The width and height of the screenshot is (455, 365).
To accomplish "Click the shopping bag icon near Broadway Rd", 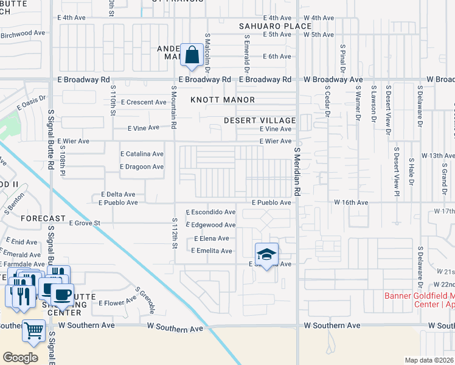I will [x=192, y=55].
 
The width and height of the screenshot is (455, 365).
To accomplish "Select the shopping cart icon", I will [x=34, y=331].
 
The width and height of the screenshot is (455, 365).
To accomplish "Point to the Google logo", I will [x=20, y=358].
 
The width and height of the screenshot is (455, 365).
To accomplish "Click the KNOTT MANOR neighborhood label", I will [x=222, y=100].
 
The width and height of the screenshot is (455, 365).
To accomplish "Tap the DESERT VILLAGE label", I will [x=259, y=120].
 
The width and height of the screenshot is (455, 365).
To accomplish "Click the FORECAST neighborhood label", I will [x=43, y=218].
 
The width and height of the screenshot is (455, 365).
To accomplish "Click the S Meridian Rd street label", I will [x=297, y=171].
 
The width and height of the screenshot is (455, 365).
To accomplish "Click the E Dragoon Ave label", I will [x=142, y=167].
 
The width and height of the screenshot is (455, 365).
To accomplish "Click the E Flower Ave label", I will [x=119, y=302].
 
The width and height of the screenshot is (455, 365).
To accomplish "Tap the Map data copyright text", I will [x=429, y=359].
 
